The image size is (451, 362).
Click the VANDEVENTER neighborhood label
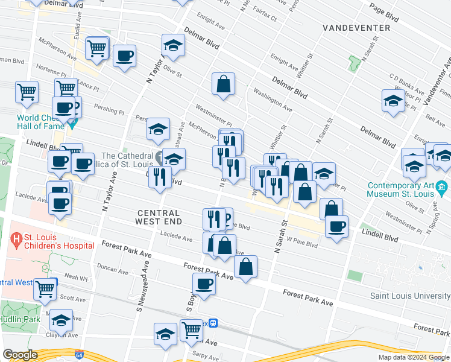pyautogui.click(x=356, y=28)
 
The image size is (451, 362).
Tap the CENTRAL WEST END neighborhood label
pyautogui.click(x=158, y=218)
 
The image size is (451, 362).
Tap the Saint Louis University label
pyautogui.click(x=409, y=296)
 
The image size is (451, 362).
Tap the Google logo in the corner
pyautogui.click(x=20, y=355)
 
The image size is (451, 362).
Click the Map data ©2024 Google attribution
pyautogui.click(x=414, y=357)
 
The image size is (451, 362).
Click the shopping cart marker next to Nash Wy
pyautogui.click(x=45, y=289)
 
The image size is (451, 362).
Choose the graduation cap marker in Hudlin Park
pyautogui.click(x=61, y=320)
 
